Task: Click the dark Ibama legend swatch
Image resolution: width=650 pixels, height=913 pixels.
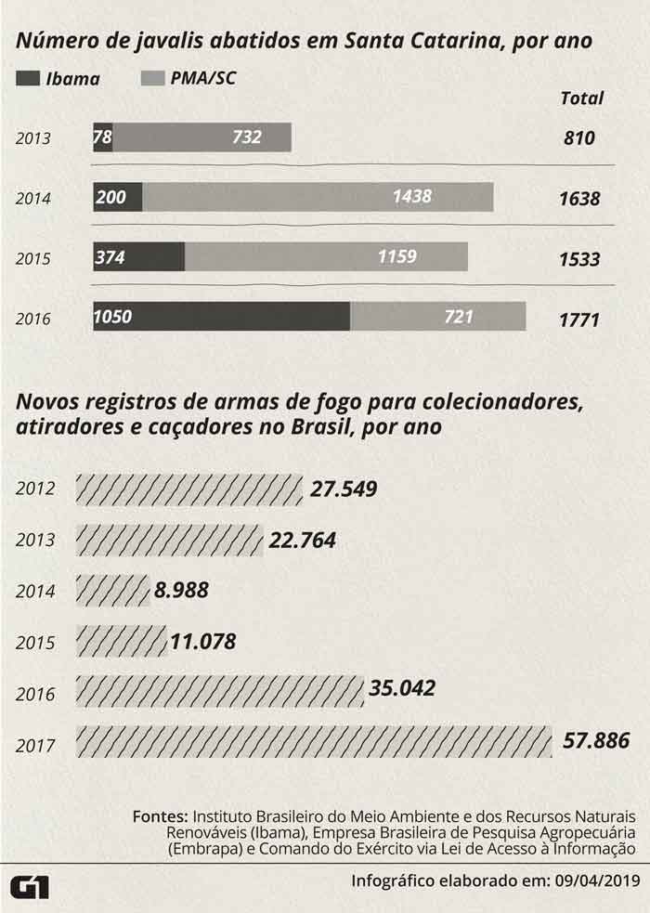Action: coord(28,79)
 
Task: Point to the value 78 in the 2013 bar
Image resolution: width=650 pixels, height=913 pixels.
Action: coord(103,137)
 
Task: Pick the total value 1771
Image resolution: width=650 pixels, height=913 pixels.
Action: coord(579,320)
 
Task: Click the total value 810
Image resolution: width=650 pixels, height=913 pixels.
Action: coord(578,138)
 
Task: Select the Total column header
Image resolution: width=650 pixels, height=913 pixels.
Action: coord(582,98)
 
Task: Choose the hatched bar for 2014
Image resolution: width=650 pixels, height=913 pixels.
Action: coord(112,590)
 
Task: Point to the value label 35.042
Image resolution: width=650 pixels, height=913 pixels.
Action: coord(402,689)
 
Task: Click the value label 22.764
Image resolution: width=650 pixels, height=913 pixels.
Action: coord(302,540)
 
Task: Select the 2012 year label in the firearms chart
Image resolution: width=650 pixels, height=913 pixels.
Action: coord(36,489)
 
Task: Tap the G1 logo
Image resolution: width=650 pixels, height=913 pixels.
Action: coord(29,885)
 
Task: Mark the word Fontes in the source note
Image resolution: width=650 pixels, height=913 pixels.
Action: coord(161,815)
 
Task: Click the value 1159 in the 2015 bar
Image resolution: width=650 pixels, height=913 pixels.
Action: coord(397,256)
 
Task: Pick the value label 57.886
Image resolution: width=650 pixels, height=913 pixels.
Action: coord(597,741)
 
